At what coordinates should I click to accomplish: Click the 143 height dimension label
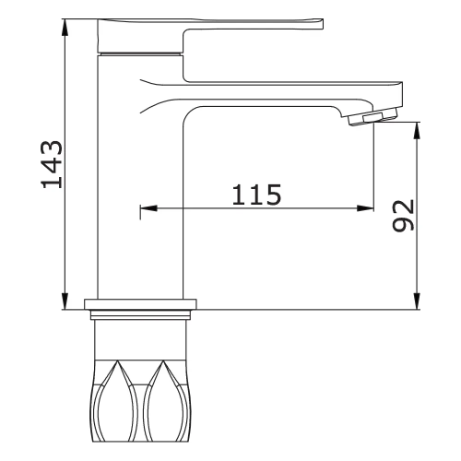[52, 164]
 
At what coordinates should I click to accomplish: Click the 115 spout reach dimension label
[256, 195]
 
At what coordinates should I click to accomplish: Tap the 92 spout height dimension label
[404, 216]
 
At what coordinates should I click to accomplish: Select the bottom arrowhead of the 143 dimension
[65, 301]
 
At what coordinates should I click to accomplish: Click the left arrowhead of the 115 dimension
[148, 208]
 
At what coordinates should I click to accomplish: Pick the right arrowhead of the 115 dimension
[365, 208]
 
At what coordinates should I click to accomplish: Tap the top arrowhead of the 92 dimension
[417, 131]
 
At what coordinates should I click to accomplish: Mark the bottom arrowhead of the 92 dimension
[417, 301]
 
